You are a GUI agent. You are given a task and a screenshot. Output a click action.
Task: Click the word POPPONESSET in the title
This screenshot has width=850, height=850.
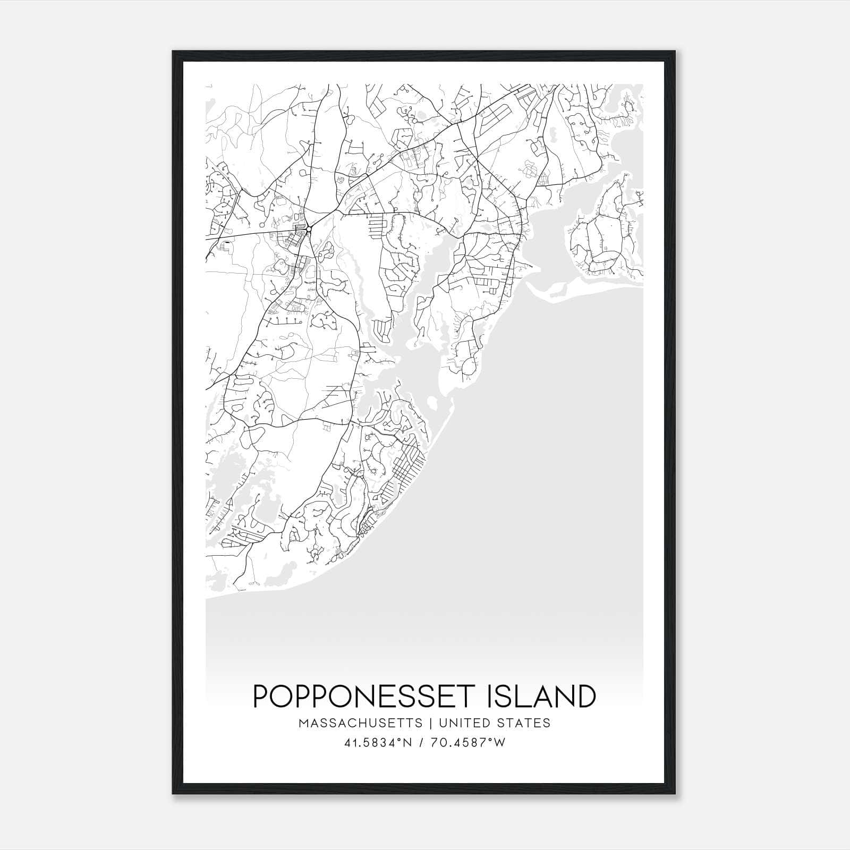(367, 696)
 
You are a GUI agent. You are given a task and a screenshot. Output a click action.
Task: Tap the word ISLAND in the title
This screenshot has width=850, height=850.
(541, 696)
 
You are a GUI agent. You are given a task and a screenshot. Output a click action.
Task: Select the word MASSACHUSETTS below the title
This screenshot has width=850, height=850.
(361, 723)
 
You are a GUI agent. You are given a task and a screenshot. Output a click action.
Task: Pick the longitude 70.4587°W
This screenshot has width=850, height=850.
(469, 743)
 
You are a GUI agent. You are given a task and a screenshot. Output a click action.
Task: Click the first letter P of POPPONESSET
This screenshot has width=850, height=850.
(261, 696)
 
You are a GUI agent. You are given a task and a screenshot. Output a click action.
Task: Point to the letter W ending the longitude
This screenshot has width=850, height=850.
(500, 743)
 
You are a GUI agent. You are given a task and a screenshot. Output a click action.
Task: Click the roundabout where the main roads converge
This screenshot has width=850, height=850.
(309, 229)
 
